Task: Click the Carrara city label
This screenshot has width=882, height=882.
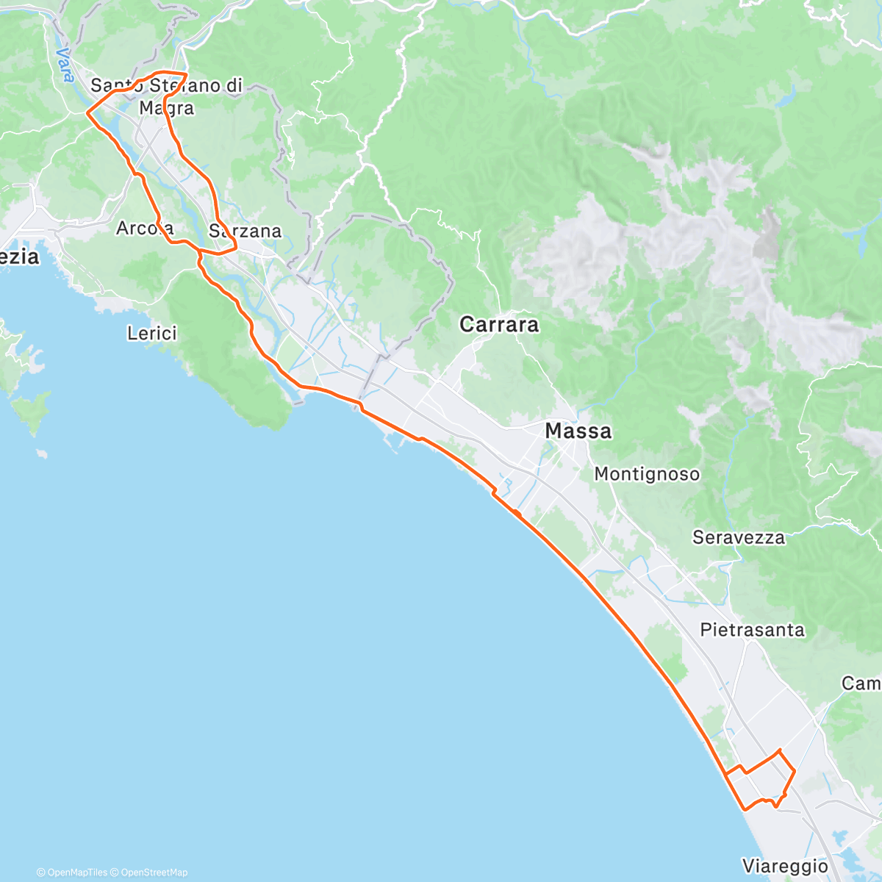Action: coord(499,324)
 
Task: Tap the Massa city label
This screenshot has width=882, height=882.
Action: coord(578,431)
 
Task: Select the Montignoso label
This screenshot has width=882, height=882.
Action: coord(647,474)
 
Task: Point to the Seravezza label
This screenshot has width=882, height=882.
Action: coord(738,537)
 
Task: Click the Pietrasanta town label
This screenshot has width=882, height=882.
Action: coord(752,630)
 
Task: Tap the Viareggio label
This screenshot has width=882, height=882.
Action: coord(785,866)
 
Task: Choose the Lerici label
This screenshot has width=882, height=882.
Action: coord(152,334)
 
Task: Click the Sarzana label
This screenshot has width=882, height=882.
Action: coord(245,232)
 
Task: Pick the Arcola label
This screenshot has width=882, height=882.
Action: coord(145,229)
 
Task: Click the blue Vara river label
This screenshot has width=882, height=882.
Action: coord(65,65)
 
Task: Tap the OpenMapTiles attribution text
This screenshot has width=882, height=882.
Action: coord(76,872)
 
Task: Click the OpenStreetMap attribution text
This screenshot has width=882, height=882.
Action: coord(154,872)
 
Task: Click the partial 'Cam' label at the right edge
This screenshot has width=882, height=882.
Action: coord(861,684)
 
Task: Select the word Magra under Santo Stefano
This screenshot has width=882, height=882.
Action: coord(167,108)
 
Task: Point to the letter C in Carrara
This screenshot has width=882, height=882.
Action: coord(467,324)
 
